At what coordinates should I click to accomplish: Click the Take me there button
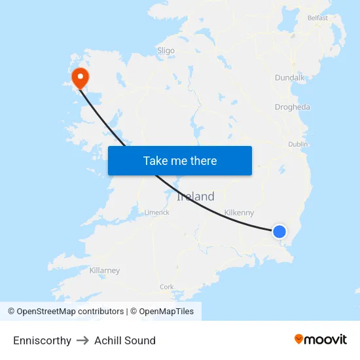coord(180,160)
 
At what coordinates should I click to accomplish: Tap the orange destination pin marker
coord(81,78)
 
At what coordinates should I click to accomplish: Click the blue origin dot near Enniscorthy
coord(279,231)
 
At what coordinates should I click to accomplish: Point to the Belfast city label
coord(317,18)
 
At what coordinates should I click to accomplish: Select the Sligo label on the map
coord(166,50)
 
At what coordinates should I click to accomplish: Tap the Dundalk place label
coord(289,77)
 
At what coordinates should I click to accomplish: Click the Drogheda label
coord(293,107)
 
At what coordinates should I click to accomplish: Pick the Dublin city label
coord(298,144)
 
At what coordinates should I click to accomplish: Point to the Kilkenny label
coord(239,213)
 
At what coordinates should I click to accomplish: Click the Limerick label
coord(157,212)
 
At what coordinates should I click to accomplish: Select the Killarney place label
coord(105,270)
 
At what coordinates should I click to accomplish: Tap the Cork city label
coord(167,287)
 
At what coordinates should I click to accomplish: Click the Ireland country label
coord(196,196)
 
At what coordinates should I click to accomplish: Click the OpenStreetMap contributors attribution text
coord(70,312)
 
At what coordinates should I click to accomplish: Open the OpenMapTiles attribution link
coord(166,312)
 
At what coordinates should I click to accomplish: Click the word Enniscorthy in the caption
coord(42,340)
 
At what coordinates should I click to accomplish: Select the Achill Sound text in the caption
coord(125,340)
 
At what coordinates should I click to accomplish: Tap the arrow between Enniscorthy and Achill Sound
coord(82,340)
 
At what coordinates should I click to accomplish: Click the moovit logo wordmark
coord(326,339)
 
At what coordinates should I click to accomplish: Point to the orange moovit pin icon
coord(299,339)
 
